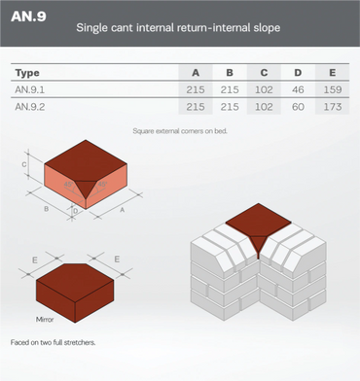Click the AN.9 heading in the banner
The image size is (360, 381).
[28, 17]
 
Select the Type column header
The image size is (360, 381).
[27, 73]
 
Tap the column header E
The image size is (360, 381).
[333, 72]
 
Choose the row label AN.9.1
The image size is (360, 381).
[29, 89]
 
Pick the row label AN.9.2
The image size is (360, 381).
[30, 106]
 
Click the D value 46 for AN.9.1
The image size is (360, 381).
[298, 89]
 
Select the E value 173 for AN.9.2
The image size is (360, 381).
[333, 106]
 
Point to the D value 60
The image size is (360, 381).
[298, 106]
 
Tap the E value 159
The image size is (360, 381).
[333, 89]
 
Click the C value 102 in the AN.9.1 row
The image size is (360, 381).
[264, 89]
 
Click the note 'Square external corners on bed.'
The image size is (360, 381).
[180, 131]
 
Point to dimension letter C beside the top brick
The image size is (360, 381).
[24, 164]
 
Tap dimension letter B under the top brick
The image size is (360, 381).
[47, 209]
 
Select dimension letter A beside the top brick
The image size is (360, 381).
[123, 210]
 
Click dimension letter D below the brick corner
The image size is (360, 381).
[76, 211]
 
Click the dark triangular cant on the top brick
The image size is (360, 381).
[86, 188]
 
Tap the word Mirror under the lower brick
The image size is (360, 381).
[45, 320]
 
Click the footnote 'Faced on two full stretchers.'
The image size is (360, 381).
[53, 342]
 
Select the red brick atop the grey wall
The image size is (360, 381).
[259, 226]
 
